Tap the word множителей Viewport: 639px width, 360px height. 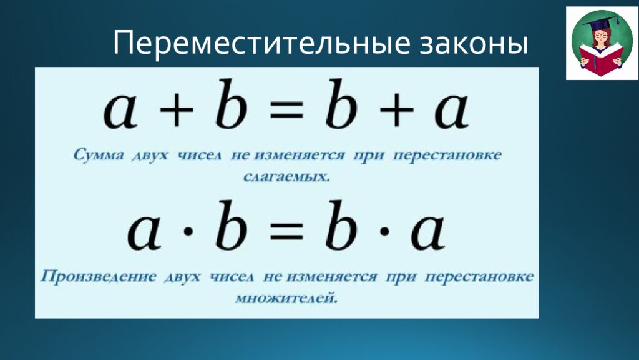tap(286, 298)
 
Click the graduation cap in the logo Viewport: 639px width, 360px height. tap(597, 23)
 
